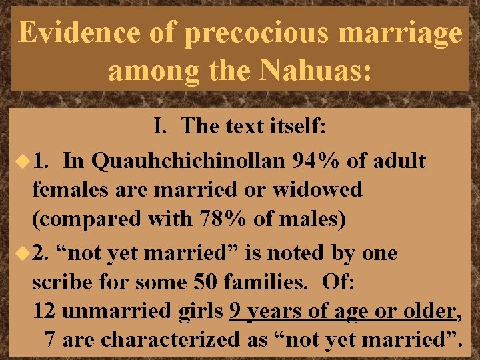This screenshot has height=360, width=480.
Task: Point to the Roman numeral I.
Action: tap(160, 125)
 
